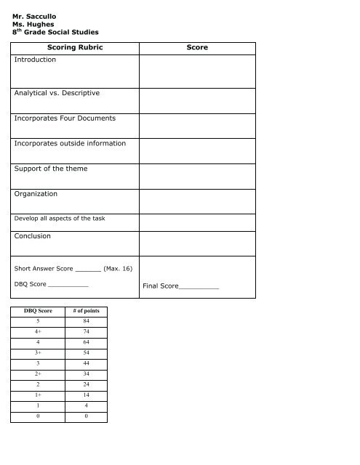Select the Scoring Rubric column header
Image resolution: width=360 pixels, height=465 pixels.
pyautogui.click(x=75, y=47)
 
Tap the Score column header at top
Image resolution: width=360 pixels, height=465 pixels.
pyautogui.click(x=197, y=47)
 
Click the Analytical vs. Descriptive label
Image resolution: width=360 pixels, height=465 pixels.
pyautogui.click(x=57, y=93)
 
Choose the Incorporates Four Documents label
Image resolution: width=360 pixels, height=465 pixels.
pyautogui.click(x=65, y=118)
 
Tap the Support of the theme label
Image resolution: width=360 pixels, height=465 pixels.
pyautogui.click(x=51, y=169)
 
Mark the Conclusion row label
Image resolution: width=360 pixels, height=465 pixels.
pyautogui.click(x=33, y=236)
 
